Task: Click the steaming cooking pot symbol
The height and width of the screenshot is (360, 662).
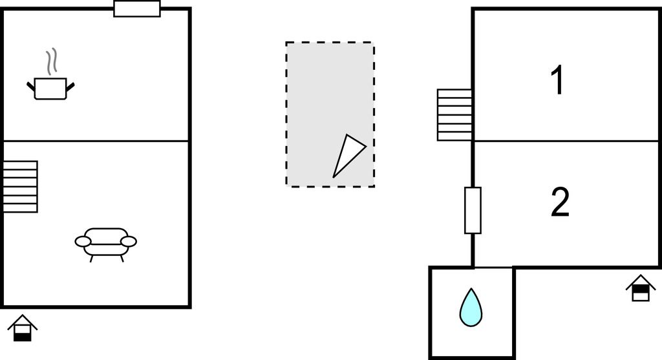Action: (x=50, y=88)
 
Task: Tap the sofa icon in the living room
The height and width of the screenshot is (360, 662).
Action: (x=106, y=242)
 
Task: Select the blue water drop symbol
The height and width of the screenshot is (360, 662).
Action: (x=471, y=307)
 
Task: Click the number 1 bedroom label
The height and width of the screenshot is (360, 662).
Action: (x=557, y=81)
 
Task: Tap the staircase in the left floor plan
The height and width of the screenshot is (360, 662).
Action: (x=20, y=186)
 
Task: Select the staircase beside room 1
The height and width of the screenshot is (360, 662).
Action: (x=454, y=114)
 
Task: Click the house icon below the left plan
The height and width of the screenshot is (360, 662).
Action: (x=23, y=328)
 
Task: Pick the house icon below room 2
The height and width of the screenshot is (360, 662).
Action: (x=640, y=288)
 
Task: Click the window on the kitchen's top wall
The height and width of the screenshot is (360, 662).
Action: (x=137, y=9)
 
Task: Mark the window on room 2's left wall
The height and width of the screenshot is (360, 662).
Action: (x=473, y=210)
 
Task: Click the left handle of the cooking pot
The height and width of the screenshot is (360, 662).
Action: (x=30, y=85)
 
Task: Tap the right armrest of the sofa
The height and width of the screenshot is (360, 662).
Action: (x=129, y=241)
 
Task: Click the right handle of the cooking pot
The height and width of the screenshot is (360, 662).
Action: (x=71, y=85)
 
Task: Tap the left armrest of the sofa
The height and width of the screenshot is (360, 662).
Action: (x=83, y=241)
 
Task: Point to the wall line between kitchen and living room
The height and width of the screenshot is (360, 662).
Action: (x=97, y=141)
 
